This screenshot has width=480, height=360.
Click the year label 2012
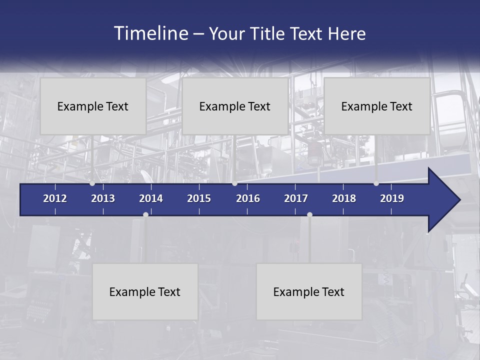(x=55, y=198)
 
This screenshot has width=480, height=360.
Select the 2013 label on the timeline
(x=103, y=198)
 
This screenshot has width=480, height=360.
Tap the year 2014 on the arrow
(x=151, y=198)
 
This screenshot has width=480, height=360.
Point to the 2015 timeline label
(x=199, y=198)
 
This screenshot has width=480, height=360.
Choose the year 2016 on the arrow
(x=248, y=198)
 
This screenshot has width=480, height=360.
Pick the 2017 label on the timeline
(x=296, y=198)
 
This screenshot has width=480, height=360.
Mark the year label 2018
(x=344, y=198)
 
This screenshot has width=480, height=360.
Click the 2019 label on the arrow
(x=392, y=198)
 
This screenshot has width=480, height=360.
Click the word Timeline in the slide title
(x=150, y=33)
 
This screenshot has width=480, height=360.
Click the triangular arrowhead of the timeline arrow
(x=443, y=200)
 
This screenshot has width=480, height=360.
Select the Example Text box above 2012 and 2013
(x=93, y=106)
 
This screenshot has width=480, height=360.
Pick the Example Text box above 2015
(x=235, y=106)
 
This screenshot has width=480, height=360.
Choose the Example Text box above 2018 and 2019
(x=377, y=106)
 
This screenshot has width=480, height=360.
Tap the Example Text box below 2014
(x=145, y=291)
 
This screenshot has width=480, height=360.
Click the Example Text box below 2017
(x=309, y=291)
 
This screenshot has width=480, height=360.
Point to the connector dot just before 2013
(x=92, y=183)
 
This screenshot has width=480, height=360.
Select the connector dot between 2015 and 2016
(x=234, y=183)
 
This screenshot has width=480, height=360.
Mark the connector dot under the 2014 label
(x=145, y=214)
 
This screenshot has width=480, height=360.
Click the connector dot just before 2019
(x=376, y=183)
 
